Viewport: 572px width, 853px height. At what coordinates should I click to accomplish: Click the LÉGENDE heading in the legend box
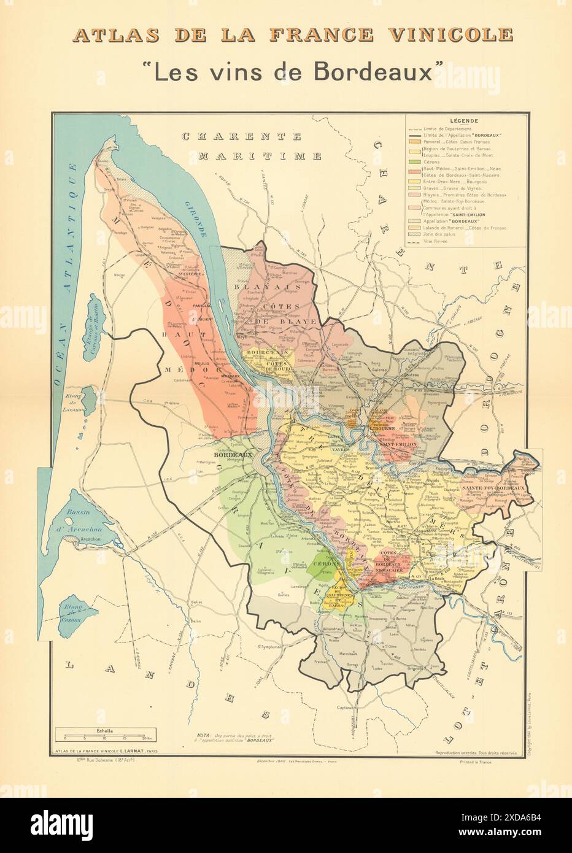(x=464, y=122)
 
